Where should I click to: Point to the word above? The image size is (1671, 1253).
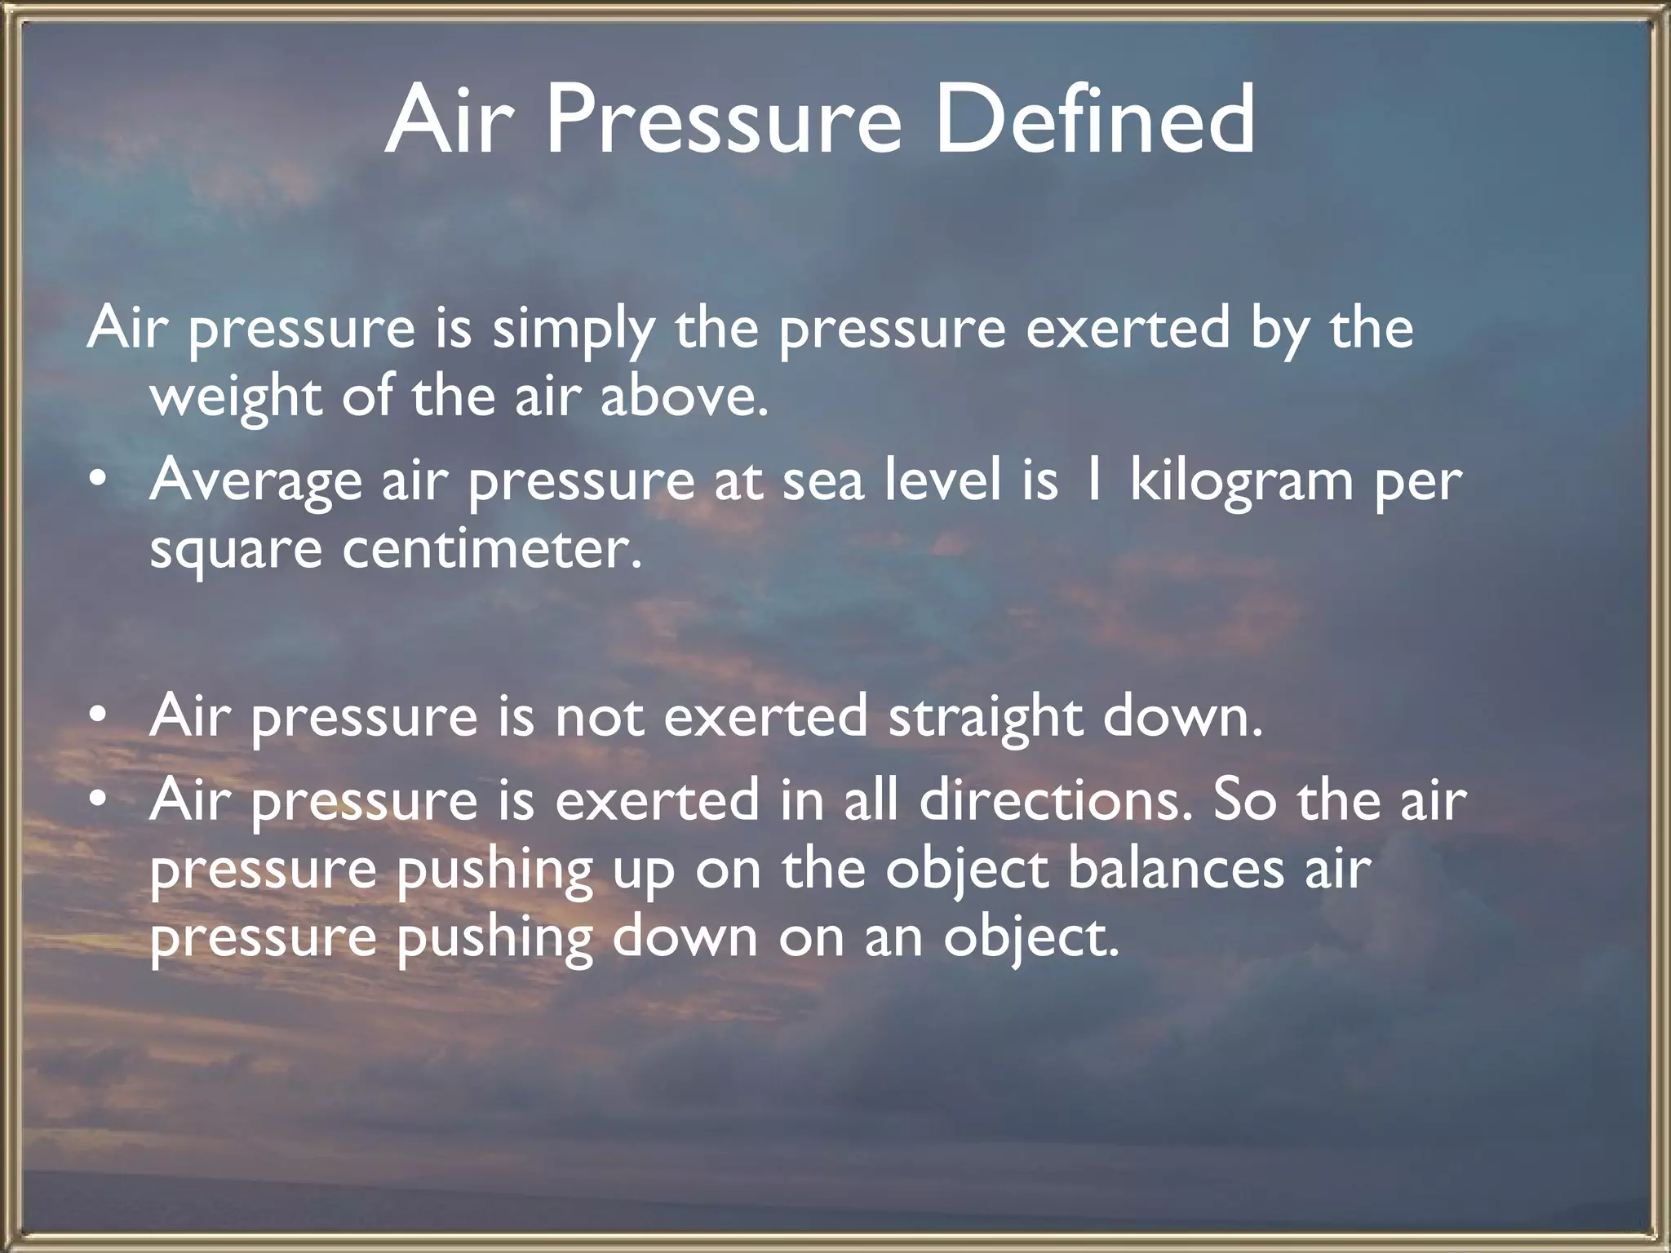point(684,398)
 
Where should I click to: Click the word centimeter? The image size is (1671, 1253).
point(491,549)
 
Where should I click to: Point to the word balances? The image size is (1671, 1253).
point(1175,869)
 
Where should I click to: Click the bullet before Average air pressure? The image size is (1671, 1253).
point(98,481)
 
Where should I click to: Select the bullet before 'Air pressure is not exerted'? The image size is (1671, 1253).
point(98,716)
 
